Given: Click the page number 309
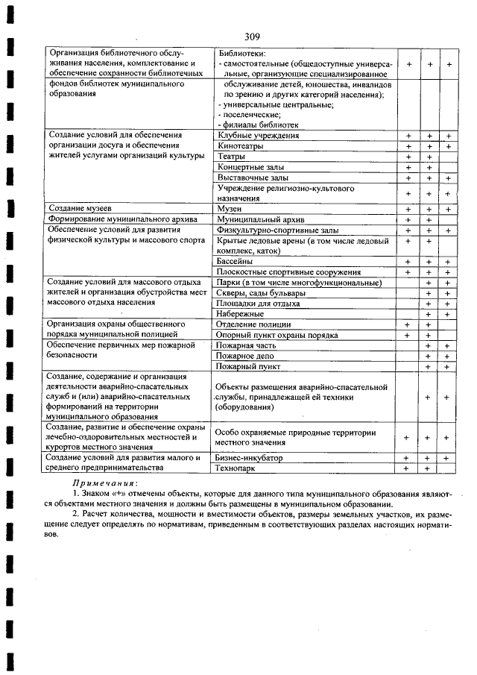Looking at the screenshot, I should (251, 36).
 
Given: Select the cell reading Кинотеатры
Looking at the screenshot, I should (241, 146).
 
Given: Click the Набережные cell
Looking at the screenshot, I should (240, 314).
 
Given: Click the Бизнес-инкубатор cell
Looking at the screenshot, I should (250, 457).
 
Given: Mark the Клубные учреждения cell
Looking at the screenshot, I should (258, 136).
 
